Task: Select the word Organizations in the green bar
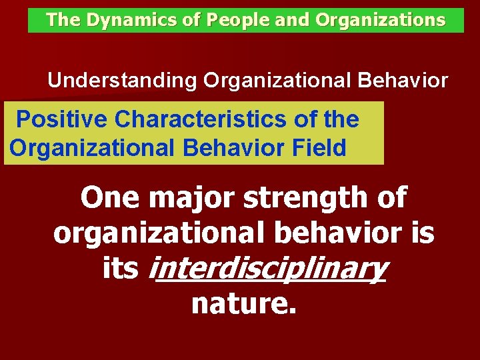point(380,20)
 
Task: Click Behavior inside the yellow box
point(227,147)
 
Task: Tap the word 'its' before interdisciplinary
point(121,268)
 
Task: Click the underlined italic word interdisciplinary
point(270,269)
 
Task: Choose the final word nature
point(243,303)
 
